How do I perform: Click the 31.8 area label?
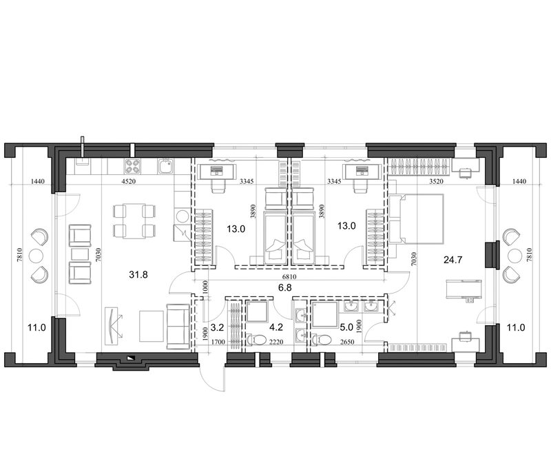tap(138, 274)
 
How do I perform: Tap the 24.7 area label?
tap(453, 260)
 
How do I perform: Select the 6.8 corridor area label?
tap(284, 287)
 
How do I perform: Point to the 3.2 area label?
tap(217, 327)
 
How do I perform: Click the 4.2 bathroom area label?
tap(276, 327)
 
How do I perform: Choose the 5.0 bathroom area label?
tap(346, 327)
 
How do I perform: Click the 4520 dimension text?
tap(127, 182)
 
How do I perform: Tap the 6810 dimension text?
tap(289, 277)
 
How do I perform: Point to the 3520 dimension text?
tap(436, 182)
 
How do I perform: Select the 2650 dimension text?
tap(345, 342)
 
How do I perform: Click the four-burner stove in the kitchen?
tap(132, 167)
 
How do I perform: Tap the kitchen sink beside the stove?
tap(165, 167)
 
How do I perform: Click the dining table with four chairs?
tap(134, 221)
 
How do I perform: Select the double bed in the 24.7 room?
tap(416, 218)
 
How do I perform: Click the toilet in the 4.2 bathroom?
tap(256, 340)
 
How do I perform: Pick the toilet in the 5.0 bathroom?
tap(322, 340)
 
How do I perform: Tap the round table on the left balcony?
tap(36, 256)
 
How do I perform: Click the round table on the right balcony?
tap(514, 256)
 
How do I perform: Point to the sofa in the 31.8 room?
tap(178, 327)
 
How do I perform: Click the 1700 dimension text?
tap(218, 342)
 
